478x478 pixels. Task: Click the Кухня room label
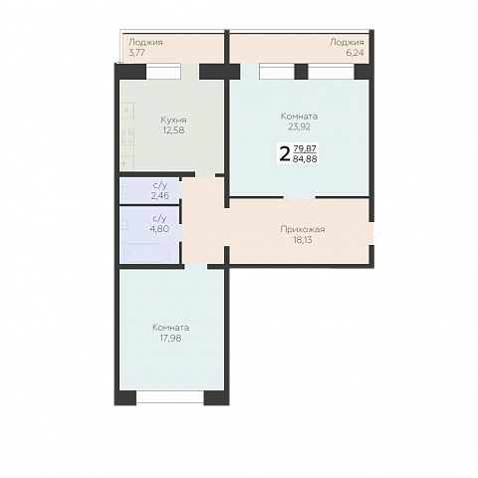click(173, 119)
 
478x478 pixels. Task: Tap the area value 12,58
click(173, 130)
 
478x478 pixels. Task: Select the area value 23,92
click(299, 126)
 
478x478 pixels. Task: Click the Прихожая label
click(303, 229)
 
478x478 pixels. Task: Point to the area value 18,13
click(303, 240)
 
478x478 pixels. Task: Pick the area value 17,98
click(170, 338)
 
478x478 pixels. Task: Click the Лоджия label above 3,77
click(145, 42)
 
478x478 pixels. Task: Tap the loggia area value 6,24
click(355, 53)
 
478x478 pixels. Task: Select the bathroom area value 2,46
click(159, 196)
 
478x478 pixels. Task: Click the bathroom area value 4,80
click(159, 229)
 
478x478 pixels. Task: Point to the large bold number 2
click(285, 154)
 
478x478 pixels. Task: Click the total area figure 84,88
click(305, 159)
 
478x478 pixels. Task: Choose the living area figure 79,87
click(305, 148)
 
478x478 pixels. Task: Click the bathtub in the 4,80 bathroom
click(146, 253)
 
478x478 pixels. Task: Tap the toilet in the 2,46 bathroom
click(126, 191)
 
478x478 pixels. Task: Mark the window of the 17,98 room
click(170, 397)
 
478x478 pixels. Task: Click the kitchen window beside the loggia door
click(163, 71)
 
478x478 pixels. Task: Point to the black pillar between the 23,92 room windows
click(301, 72)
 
